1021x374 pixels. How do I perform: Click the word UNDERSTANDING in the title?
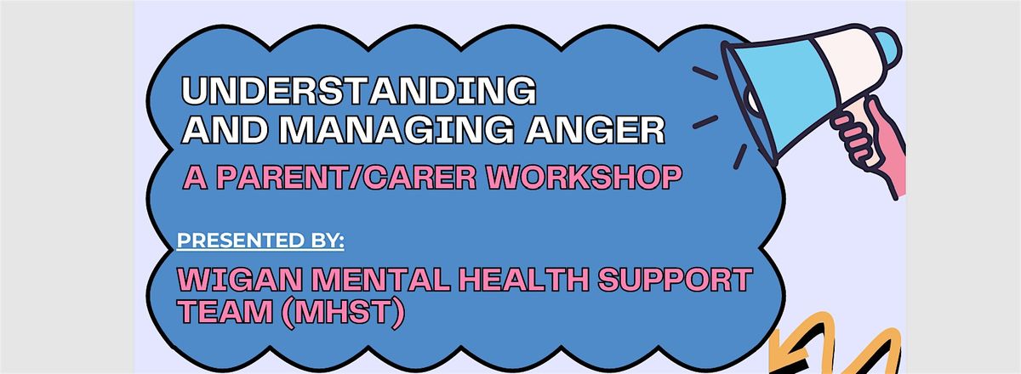(x=359, y=91)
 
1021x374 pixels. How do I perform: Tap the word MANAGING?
(x=396, y=130)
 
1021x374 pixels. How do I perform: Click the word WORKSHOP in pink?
(x=584, y=177)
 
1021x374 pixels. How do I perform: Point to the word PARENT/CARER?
(x=346, y=177)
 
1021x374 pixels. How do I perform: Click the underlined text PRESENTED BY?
(x=260, y=241)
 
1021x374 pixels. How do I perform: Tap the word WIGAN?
(x=240, y=280)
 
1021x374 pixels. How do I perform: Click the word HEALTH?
(x=524, y=280)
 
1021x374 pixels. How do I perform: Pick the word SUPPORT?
(x=675, y=280)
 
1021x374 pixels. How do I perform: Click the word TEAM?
(x=225, y=312)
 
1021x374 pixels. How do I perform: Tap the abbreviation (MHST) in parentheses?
(x=343, y=313)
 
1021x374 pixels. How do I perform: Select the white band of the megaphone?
(x=847, y=64)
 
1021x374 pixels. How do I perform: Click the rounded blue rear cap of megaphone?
(x=888, y=48)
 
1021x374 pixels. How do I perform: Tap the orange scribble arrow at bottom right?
(x=834, y=346)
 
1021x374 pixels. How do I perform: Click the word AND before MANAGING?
(x=225, y=130)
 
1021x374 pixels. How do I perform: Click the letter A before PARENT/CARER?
(x=195, y=177)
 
